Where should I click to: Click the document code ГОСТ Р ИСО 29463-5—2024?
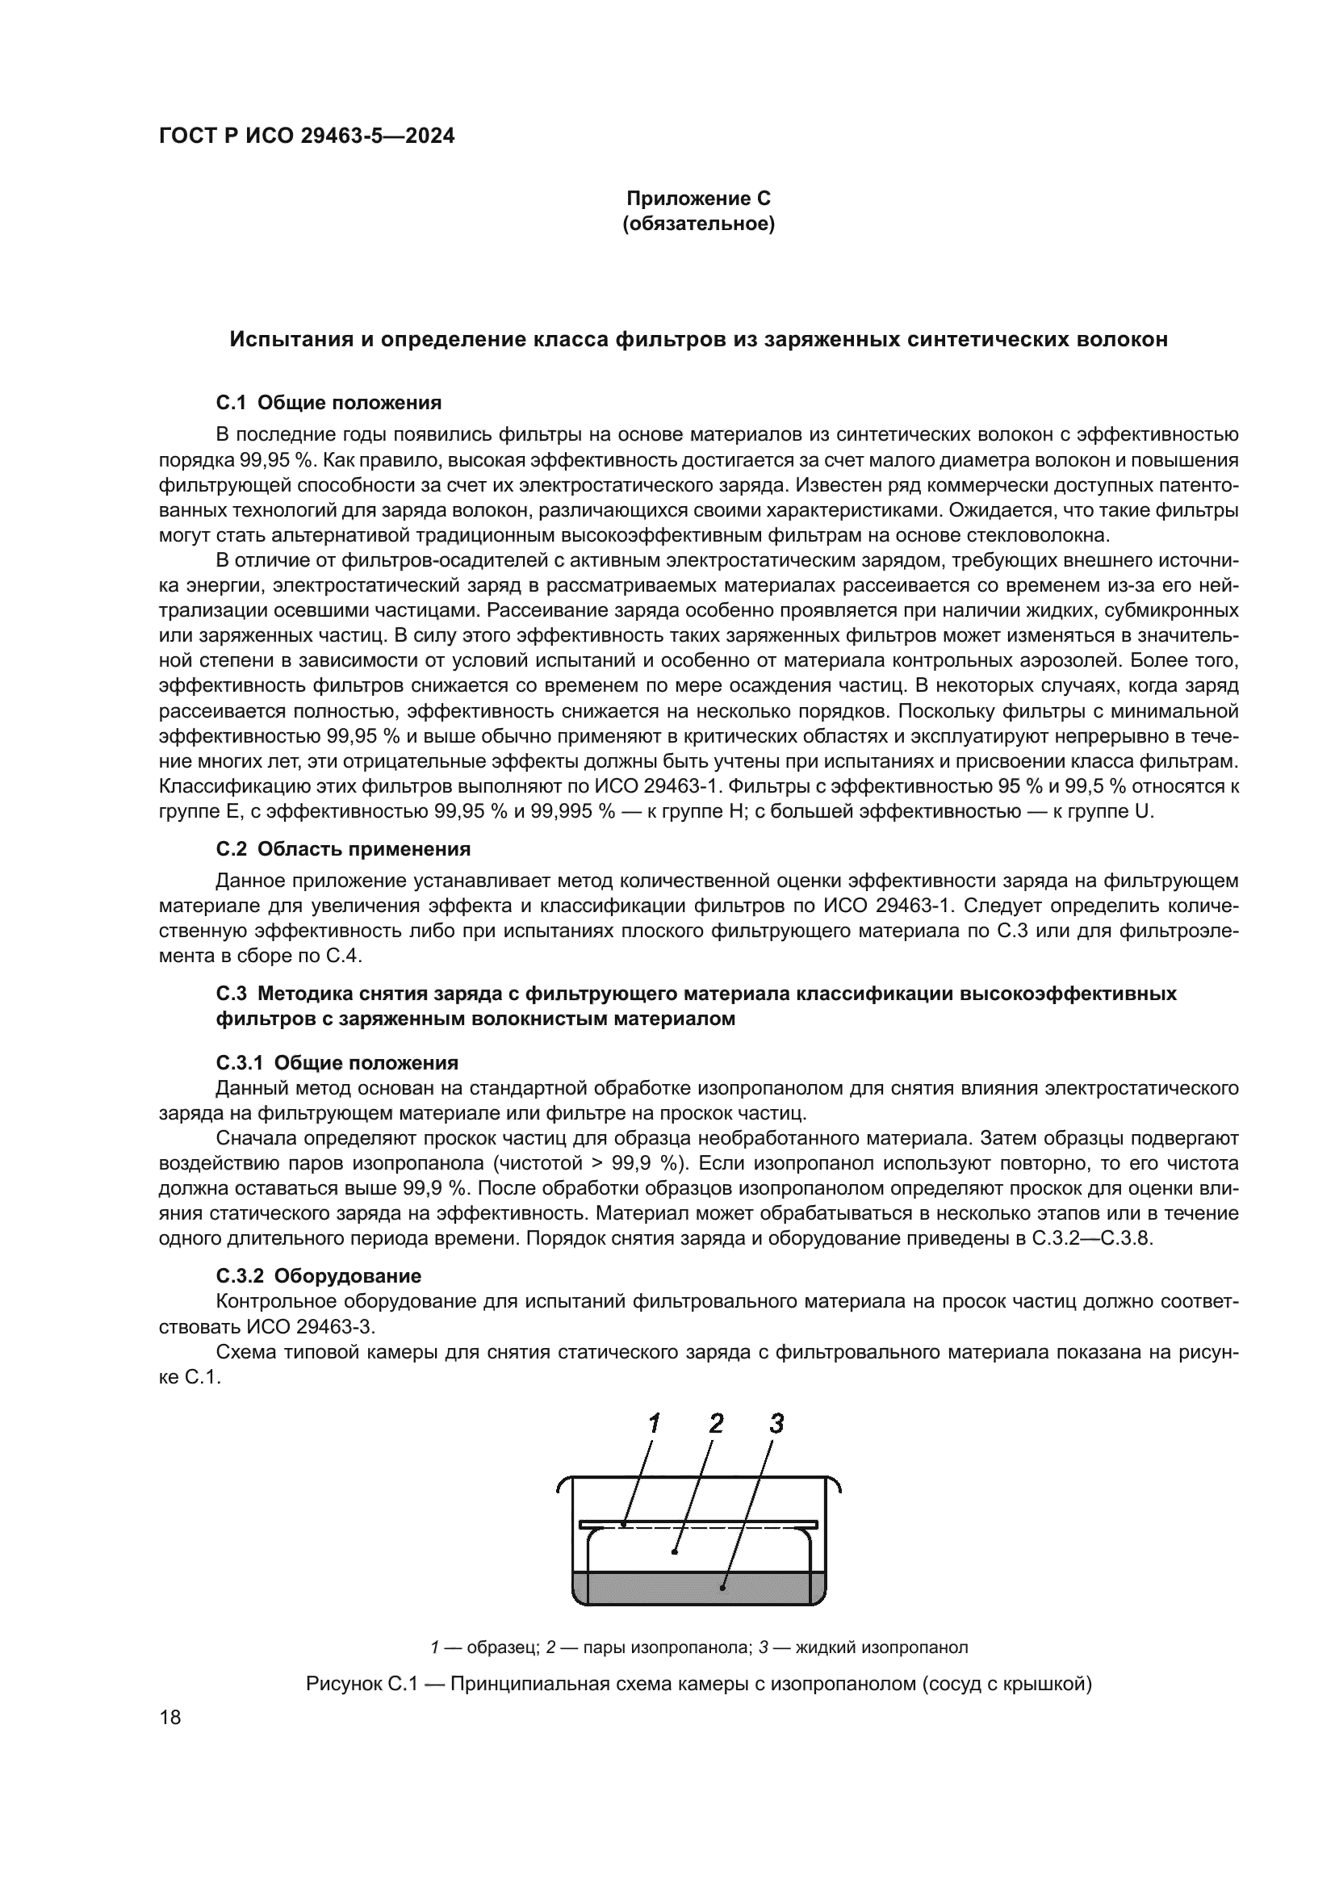pos(306,136)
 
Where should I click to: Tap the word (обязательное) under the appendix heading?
pos(698,224)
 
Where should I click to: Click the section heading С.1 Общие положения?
pos(329,403)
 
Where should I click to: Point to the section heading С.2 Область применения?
pos(343,848)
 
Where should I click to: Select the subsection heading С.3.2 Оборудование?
pos(319,1276)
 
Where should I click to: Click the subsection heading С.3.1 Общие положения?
pos(337,1063)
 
